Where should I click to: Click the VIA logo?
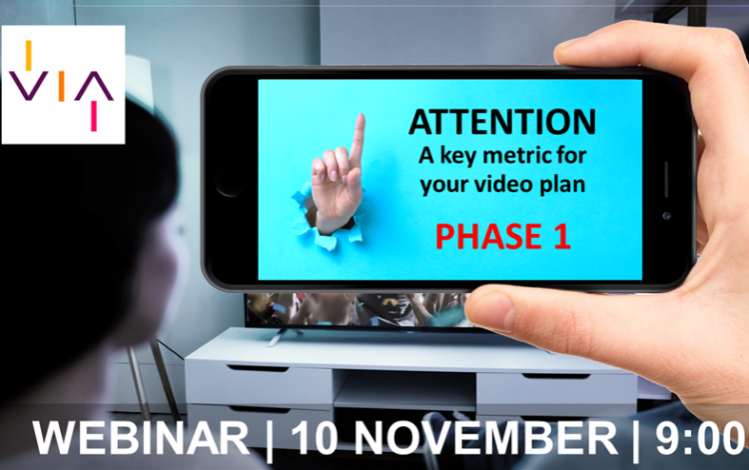coord(63,85)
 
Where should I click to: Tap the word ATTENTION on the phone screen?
coord(501,122)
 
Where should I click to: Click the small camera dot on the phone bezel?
coord(666,215)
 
